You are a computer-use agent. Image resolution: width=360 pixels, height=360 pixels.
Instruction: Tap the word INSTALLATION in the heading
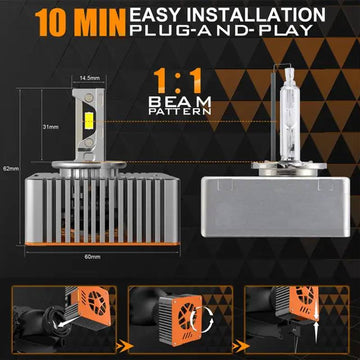[x=256, y=15]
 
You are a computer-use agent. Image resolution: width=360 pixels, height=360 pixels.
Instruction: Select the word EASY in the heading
[x=156, y=15]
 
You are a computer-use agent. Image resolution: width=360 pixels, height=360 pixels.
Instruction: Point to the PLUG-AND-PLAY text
[x=221, y=30]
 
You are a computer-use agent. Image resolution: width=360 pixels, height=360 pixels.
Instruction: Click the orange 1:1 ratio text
[x=177, y=81]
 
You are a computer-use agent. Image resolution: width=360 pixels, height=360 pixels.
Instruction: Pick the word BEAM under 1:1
[x=180, y=101]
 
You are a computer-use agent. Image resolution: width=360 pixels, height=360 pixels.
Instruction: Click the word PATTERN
[x=180, y=111]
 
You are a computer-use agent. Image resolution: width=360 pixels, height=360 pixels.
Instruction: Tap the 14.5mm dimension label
[x=89, y=78]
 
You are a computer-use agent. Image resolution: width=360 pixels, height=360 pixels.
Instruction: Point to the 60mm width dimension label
[x=93, y=257]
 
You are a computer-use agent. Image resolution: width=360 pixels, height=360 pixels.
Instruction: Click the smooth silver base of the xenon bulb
[x=275, y=207]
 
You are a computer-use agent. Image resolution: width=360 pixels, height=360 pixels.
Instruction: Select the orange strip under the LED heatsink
[x=102, y=244]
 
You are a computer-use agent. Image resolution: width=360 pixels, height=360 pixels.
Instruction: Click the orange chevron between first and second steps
[x=123, y=347]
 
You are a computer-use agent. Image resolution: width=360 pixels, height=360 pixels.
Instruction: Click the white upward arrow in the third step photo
[x=316, y=333]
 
